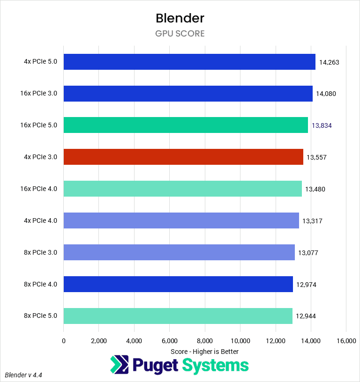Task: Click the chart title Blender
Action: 180,18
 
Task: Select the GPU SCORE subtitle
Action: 180,34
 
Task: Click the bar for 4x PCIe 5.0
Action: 189,62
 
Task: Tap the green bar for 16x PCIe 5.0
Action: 186,125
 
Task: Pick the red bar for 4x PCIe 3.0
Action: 183,157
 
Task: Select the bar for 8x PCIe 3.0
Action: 179,252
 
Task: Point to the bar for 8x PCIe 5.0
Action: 178,316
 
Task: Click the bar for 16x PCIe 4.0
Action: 182,189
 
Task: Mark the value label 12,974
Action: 306,284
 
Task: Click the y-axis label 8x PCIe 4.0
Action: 40,284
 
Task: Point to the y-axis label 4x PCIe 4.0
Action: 40,220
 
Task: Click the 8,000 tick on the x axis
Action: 205,341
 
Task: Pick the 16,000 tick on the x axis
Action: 346,341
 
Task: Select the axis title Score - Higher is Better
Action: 204,352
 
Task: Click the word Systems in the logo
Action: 216,365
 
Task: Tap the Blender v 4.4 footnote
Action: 27,375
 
